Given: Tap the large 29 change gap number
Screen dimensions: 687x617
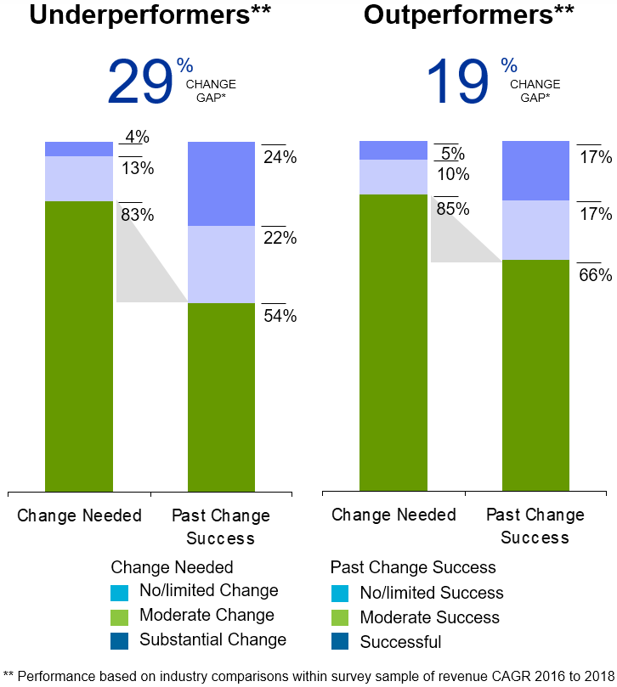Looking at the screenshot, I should click(139, 82).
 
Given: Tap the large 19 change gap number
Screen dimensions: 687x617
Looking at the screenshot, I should click(458, 82).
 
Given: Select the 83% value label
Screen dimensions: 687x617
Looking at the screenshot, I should click(137, 216).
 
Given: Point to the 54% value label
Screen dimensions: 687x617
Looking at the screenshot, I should click(279, 316).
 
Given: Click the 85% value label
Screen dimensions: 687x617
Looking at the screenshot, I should click(452, 209).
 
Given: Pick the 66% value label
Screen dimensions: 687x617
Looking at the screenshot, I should click(595, 275).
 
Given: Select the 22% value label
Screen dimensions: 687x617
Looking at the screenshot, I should click(279, 239).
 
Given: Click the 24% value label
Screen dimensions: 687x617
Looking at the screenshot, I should click(279, 157).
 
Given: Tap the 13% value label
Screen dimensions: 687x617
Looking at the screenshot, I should click(137, 168).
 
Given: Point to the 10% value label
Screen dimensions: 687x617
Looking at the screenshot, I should click(452, 174).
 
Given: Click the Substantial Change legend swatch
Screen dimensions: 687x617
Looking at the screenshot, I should click(119, 640).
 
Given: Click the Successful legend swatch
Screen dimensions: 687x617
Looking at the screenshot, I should click(339, 642).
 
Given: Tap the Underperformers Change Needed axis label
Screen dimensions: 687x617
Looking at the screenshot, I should click(79, 515).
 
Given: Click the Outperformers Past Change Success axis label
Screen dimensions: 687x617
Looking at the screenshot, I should click(535, 527).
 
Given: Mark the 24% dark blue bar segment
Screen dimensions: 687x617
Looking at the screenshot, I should click(221, 183).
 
